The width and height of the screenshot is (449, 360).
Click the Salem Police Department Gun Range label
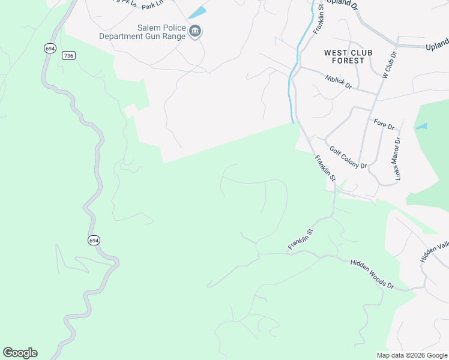point(145,32)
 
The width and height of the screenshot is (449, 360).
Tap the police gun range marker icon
point(195,31)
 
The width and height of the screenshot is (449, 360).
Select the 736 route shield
point(68,55)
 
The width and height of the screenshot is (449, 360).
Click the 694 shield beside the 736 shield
point(47,48)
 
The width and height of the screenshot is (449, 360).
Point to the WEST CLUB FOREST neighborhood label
point(348,57)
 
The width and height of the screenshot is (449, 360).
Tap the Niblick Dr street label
point(339,82)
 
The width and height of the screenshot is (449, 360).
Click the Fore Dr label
point(384,127)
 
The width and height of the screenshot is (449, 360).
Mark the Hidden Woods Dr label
point(372,274)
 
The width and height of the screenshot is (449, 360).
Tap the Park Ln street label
point(152,4)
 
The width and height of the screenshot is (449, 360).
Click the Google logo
point(20,353)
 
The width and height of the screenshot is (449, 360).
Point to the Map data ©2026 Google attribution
point(412,355)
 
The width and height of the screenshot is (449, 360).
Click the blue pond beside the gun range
point(196,13)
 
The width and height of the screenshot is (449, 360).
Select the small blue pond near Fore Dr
point(421,127)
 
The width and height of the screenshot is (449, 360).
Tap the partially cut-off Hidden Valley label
point(435,252)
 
